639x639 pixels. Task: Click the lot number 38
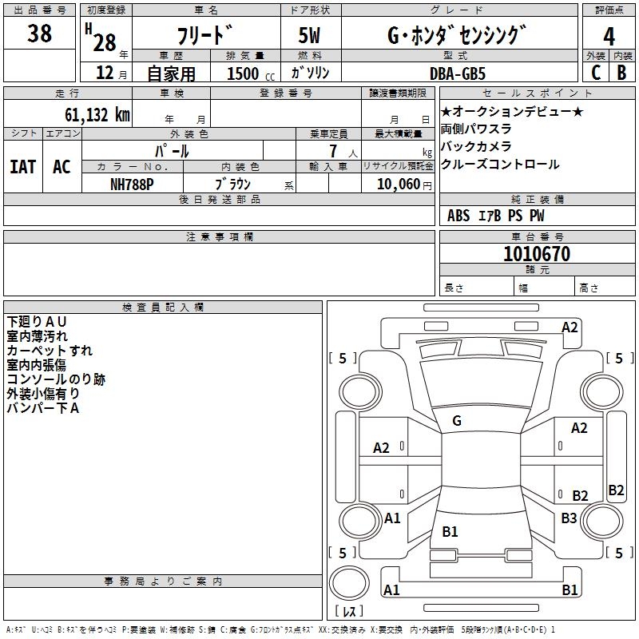coord(39,34)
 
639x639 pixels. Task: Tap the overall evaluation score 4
coord(609,36)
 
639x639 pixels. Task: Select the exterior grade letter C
coord(595,72)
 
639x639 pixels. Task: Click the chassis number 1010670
coord(537,254)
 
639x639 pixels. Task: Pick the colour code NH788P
coord(133,184)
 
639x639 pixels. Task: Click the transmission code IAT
coord(22,167)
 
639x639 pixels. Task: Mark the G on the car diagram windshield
coord(456,421)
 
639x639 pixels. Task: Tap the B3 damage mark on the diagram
coord(569,518)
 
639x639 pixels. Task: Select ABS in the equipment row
coord(458,215)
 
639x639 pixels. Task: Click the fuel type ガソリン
coord(312,73)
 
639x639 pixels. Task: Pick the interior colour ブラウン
coord(233,184)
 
